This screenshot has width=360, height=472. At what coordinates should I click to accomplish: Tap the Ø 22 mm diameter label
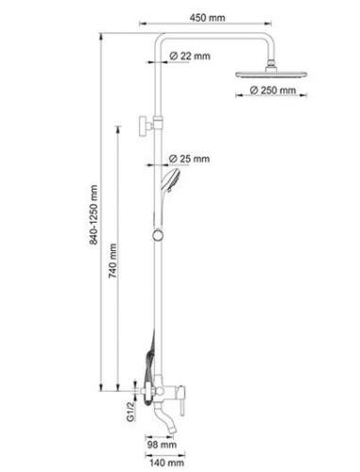coord(191,58)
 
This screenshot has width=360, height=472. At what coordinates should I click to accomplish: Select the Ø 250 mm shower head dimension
coord(274,91)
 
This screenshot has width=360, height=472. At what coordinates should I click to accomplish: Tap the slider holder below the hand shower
coord(158,232)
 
